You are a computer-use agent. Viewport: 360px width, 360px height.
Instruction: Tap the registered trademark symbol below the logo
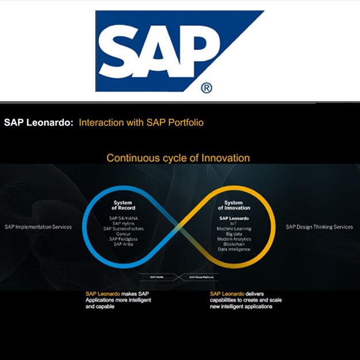[206, 88]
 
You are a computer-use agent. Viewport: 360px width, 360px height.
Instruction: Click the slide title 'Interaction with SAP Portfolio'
[141, 122]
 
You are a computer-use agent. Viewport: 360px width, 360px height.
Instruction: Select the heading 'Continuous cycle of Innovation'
[178, 158]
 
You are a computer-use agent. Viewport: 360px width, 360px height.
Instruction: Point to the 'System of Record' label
[122, 205]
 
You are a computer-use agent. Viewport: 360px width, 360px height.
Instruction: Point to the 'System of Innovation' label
[233, 205]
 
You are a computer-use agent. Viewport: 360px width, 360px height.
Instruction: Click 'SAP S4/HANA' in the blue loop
[122, 219]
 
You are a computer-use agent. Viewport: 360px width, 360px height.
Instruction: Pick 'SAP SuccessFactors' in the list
[122, 229]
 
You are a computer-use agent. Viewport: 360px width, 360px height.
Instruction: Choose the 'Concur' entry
[122, 234]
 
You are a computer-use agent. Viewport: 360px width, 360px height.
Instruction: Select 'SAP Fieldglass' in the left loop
[122, 239]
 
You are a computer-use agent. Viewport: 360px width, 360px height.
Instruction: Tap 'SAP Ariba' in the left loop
[122, 244]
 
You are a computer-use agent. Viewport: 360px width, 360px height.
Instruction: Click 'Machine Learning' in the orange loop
[233, 229]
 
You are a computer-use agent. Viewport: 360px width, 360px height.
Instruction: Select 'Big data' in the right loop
[233, 234]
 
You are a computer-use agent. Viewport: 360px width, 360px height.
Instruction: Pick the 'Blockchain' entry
[233, 244]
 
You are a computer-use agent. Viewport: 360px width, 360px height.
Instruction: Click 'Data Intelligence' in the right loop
[233, 250]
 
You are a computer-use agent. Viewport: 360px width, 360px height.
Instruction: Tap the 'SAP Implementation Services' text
[38, 227]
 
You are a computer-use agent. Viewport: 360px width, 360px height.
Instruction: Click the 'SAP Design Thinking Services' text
[319, 227]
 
